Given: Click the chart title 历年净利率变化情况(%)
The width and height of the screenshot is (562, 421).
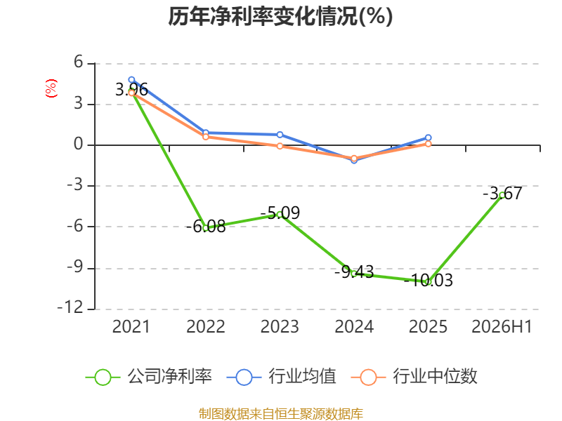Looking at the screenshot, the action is tap(280, 16).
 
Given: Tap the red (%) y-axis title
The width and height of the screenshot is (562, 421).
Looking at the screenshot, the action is tap(51, 88).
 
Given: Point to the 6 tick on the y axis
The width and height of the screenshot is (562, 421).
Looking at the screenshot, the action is tap(79, 62).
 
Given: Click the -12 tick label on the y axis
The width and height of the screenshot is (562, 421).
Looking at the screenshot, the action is tap(70, 307).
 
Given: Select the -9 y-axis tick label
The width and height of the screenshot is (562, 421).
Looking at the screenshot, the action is tap(75, 267).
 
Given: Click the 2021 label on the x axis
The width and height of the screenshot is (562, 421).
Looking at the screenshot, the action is tap(131, 326).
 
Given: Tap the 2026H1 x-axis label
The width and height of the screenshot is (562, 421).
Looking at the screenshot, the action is tap(502, 326).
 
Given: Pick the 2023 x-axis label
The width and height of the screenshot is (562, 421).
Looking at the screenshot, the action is tap(280, 326).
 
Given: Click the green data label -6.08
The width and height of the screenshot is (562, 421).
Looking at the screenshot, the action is tap(206, 226).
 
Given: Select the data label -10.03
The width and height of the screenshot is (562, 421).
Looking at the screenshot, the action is tap(429, 280).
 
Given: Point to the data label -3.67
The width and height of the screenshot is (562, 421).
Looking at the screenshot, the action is tap(502, 194).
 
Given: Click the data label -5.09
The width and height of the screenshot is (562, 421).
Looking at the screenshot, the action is tap(280, 213).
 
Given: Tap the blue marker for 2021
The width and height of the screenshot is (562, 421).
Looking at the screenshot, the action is tap(131, 80).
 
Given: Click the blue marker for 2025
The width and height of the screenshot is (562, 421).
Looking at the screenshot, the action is tap(429, 138).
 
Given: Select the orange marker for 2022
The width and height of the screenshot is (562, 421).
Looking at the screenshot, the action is tap(206, 137).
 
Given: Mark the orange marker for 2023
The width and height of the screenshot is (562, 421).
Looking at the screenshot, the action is tap(280, 146).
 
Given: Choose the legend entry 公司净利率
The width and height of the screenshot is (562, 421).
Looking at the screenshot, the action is tap(149, 377).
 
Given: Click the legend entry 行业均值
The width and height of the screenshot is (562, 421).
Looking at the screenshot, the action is tap(282, 377).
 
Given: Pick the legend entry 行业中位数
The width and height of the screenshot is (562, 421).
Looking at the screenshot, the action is tap(414, 377).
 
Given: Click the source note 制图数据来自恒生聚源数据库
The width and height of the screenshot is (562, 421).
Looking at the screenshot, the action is tap(281, 414).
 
